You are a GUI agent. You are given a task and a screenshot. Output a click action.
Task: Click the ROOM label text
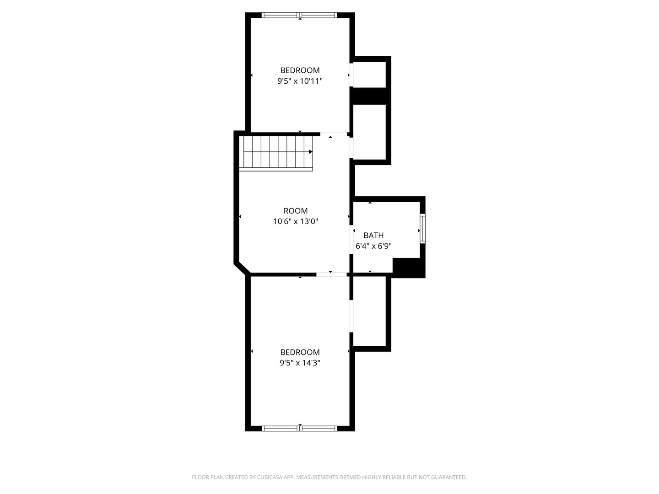coord(296,211)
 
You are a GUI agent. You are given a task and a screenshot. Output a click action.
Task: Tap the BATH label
coord(373,236)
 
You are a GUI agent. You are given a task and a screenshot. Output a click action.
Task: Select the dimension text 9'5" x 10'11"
coord(300,81)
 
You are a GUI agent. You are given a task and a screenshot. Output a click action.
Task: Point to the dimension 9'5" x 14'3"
coord(300,363)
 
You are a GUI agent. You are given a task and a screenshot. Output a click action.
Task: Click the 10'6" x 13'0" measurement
coord(296,222)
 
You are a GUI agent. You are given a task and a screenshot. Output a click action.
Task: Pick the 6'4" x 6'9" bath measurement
coord(373,246)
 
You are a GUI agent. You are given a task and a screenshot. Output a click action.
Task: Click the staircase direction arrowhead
coord(311,152)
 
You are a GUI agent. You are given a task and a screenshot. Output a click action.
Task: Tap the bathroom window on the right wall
coord(422,229)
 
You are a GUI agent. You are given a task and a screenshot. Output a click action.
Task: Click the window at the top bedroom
coord(299,15)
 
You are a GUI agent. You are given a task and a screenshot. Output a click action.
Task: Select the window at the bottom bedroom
coord(300,429)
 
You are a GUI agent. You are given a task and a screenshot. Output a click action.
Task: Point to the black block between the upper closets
coord(369,96)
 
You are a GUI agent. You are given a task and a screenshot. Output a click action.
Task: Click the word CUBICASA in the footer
coord(269,477)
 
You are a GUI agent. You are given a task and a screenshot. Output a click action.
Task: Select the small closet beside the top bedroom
coord(369,75)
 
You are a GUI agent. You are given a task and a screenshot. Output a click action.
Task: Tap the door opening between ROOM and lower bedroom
coord(331,274)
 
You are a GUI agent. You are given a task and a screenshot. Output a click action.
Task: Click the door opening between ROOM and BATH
coord(351,240)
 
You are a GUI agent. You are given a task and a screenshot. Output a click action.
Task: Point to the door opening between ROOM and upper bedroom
coord(334,134)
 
